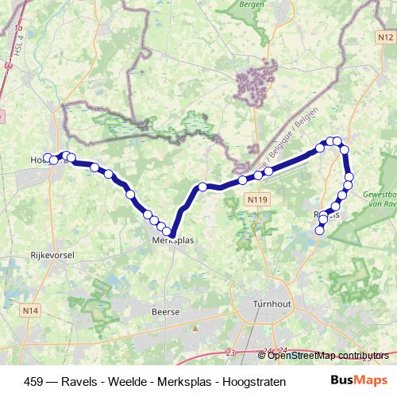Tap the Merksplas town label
[x=175, y=241]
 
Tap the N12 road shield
[x=385, y=37]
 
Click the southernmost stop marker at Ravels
[x=320, y=230]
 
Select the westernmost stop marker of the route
[x=47, y=157]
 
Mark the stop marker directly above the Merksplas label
[x=167, y=232]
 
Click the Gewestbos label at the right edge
[x=380, y=195]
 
